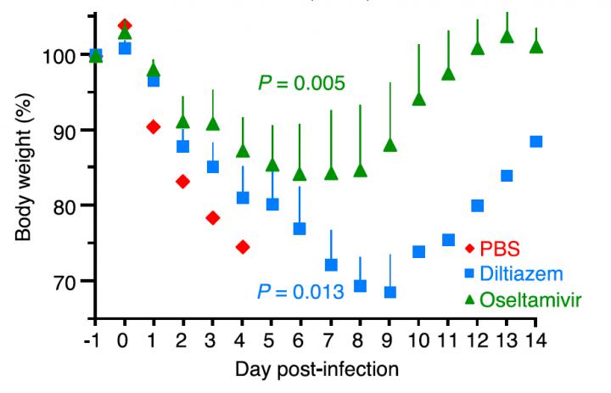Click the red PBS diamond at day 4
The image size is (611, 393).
pyautogui.click(x=242, y=247)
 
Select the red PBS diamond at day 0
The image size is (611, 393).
pyautogui.click(x=125, y=25)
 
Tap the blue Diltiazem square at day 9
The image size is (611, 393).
pyautogui.click(x=390, y=292)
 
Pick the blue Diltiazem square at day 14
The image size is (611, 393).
pyautogui.click(x=535, y=142)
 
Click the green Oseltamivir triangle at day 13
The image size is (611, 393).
pyautogui.click(x=507, y=36)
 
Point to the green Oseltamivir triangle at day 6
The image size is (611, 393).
pyautogui.click(x=300, y=174)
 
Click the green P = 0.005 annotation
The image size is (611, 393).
pyautogui.click(x=301, y=83)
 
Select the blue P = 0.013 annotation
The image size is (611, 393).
pyautogui.click(x=301, y=292)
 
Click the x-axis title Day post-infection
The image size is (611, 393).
pyautogui.click(x=315, y=371)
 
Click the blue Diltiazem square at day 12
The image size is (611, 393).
pyautogui.click(x=477, y=205)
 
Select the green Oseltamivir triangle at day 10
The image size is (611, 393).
pyautogui.click(x=418, y=99)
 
